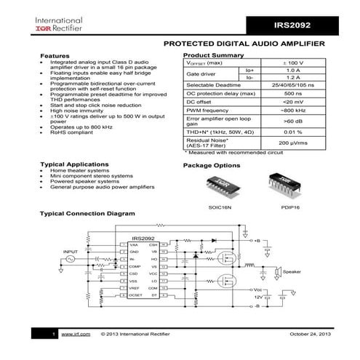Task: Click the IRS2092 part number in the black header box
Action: pos(293,25)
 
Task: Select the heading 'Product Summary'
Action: pos(213,55)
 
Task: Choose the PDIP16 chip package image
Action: pos(281,185)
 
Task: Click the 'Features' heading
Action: pos(55,56)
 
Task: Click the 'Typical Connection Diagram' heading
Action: pos(87,214)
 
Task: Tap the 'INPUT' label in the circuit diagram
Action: pos(71,252)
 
